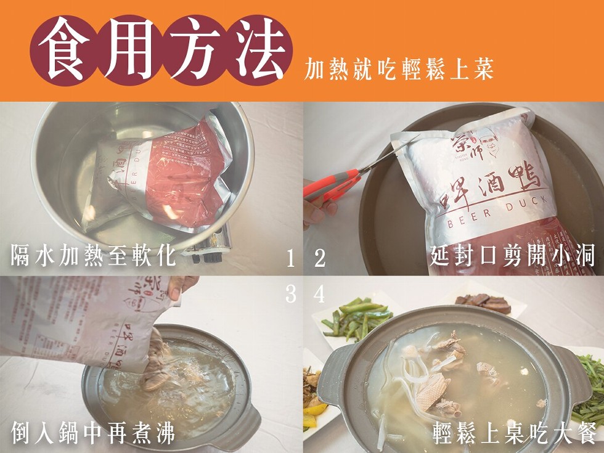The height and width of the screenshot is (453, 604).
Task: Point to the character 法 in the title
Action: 258,50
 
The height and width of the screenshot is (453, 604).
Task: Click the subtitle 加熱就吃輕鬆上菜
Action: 399,70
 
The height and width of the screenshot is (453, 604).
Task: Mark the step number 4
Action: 319,295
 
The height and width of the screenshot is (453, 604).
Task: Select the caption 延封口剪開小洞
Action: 512,255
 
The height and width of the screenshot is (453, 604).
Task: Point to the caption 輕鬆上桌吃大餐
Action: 513,433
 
